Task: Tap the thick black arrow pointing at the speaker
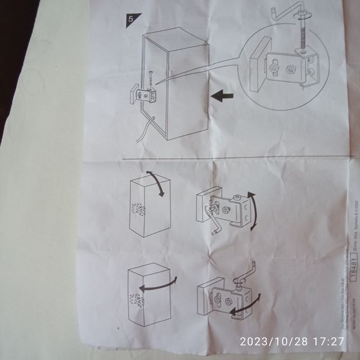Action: [222, 97]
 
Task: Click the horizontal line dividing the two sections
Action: [225, 157]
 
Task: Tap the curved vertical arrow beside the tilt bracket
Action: [253, 211]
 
